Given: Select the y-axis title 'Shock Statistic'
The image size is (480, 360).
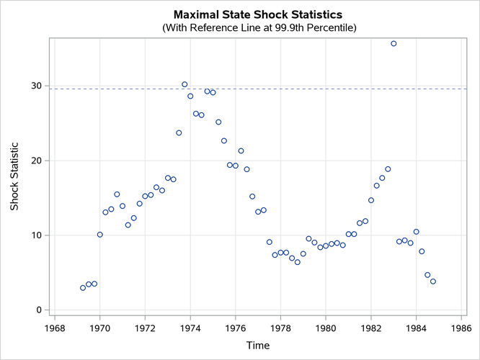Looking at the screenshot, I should [x=14, y=176].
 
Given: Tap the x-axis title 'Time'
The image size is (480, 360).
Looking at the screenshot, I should [x=258, y=345].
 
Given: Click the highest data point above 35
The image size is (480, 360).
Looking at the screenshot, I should [x=394, y=43].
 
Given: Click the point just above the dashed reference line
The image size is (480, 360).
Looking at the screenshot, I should [x=185, y=84].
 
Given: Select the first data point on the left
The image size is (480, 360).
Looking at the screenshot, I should [x=83, y=287].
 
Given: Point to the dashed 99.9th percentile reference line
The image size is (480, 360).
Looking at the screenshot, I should [x=288, y=89].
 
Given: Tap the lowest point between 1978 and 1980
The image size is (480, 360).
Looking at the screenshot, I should [x=298, y=262].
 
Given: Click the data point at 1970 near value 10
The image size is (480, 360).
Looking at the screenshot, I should [x=99, y=234].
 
